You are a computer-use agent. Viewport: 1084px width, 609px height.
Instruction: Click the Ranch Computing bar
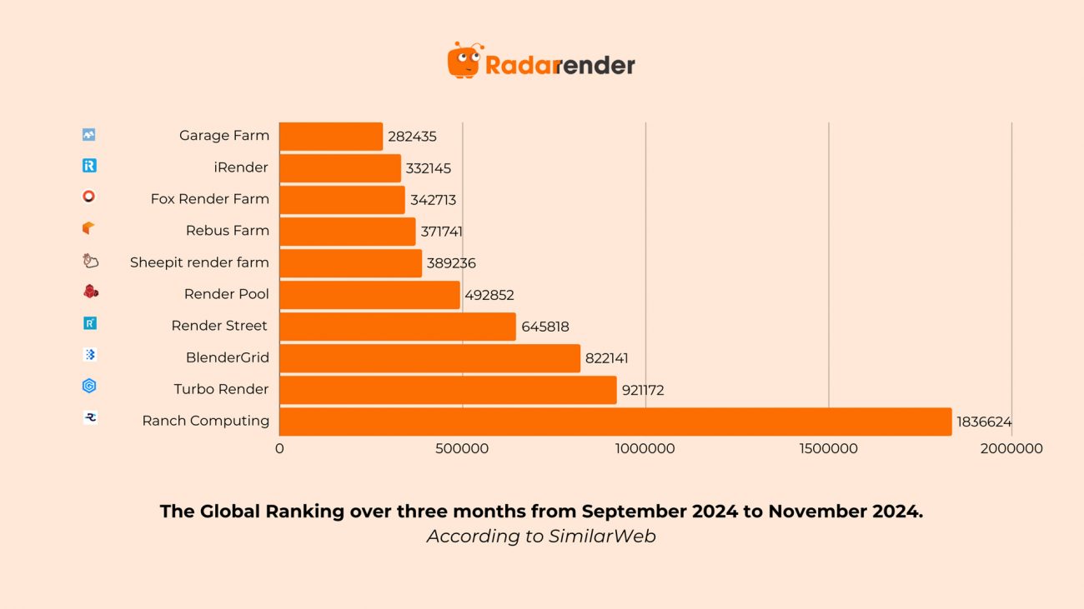615,422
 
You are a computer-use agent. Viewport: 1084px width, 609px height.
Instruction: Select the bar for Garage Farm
331,137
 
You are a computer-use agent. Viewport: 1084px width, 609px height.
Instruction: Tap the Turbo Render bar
448,390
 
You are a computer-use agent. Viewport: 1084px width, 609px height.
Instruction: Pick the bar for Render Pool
369,295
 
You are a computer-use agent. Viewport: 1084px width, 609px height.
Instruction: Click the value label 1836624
984,422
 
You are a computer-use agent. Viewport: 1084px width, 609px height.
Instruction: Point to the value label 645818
545,327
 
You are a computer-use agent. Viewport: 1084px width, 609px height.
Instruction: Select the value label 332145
429,169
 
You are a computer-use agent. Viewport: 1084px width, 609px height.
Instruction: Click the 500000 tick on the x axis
462,449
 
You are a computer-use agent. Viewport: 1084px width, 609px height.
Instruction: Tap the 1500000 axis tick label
828,449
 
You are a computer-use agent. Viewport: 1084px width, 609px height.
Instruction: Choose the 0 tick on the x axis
279,449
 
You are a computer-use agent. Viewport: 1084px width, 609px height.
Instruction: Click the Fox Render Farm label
210,199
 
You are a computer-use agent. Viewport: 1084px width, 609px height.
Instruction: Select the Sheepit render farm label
199,262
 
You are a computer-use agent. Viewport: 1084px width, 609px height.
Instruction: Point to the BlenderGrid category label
228,357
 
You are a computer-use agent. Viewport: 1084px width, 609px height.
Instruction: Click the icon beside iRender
89,166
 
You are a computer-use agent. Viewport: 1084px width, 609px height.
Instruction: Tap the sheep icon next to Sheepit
90,261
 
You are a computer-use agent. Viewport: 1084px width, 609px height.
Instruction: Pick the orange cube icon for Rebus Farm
89,227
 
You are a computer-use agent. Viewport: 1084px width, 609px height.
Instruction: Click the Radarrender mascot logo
465,61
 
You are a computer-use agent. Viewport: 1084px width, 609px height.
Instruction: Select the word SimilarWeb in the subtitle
602,537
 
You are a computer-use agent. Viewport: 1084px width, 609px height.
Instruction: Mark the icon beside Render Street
90,323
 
